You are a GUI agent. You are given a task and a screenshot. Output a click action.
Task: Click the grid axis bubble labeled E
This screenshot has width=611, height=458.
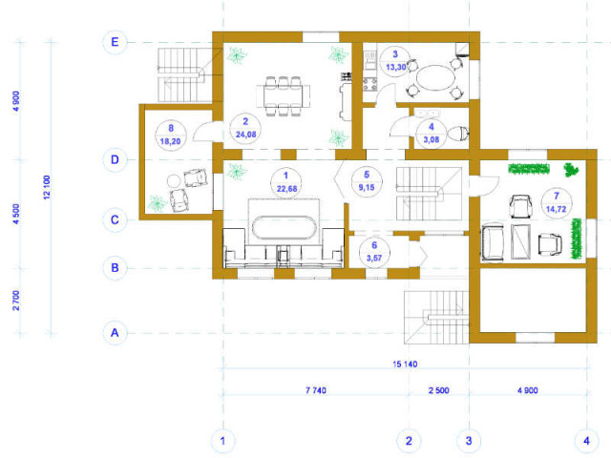point(115,42)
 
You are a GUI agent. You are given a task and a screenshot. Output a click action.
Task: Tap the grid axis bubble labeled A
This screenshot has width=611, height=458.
point(115,333)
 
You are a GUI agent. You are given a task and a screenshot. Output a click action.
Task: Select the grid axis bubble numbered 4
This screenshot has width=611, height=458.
point(586,441)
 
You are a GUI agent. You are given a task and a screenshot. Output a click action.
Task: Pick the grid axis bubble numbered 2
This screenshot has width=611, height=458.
point(409,441)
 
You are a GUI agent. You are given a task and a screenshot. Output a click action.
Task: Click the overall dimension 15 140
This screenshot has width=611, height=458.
point(405,364)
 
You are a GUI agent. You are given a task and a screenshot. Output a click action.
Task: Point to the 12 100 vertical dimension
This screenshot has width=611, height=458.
point(47,187)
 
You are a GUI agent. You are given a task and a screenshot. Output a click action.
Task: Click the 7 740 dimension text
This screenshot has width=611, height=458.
point(316,390)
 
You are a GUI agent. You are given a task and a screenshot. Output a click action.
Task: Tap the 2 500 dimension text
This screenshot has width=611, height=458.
point(439,390)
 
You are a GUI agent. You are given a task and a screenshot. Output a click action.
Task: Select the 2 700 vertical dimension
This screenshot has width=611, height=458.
point(16,301)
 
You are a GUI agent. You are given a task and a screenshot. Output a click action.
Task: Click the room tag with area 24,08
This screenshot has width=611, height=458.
point(245,128)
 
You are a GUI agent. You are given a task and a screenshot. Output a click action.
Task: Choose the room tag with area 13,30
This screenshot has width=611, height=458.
point(395,61)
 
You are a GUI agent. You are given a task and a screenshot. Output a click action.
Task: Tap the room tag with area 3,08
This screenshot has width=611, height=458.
point(431,133)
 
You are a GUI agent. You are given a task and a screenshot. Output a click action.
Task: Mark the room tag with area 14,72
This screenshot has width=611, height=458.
point(557,202)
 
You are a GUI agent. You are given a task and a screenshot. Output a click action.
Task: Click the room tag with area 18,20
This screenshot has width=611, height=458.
point(171,135)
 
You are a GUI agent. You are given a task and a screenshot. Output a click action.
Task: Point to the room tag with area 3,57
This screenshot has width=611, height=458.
point(374,252)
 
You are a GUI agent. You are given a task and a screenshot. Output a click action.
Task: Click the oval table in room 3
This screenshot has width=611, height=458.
point(435,77)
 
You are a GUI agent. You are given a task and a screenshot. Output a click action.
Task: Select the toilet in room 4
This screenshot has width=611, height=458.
point(458,134)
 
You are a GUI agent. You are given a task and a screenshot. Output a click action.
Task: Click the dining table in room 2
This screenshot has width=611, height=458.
point(284,96)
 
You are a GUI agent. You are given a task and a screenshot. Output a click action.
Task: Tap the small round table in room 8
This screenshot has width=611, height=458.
point(174,181)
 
